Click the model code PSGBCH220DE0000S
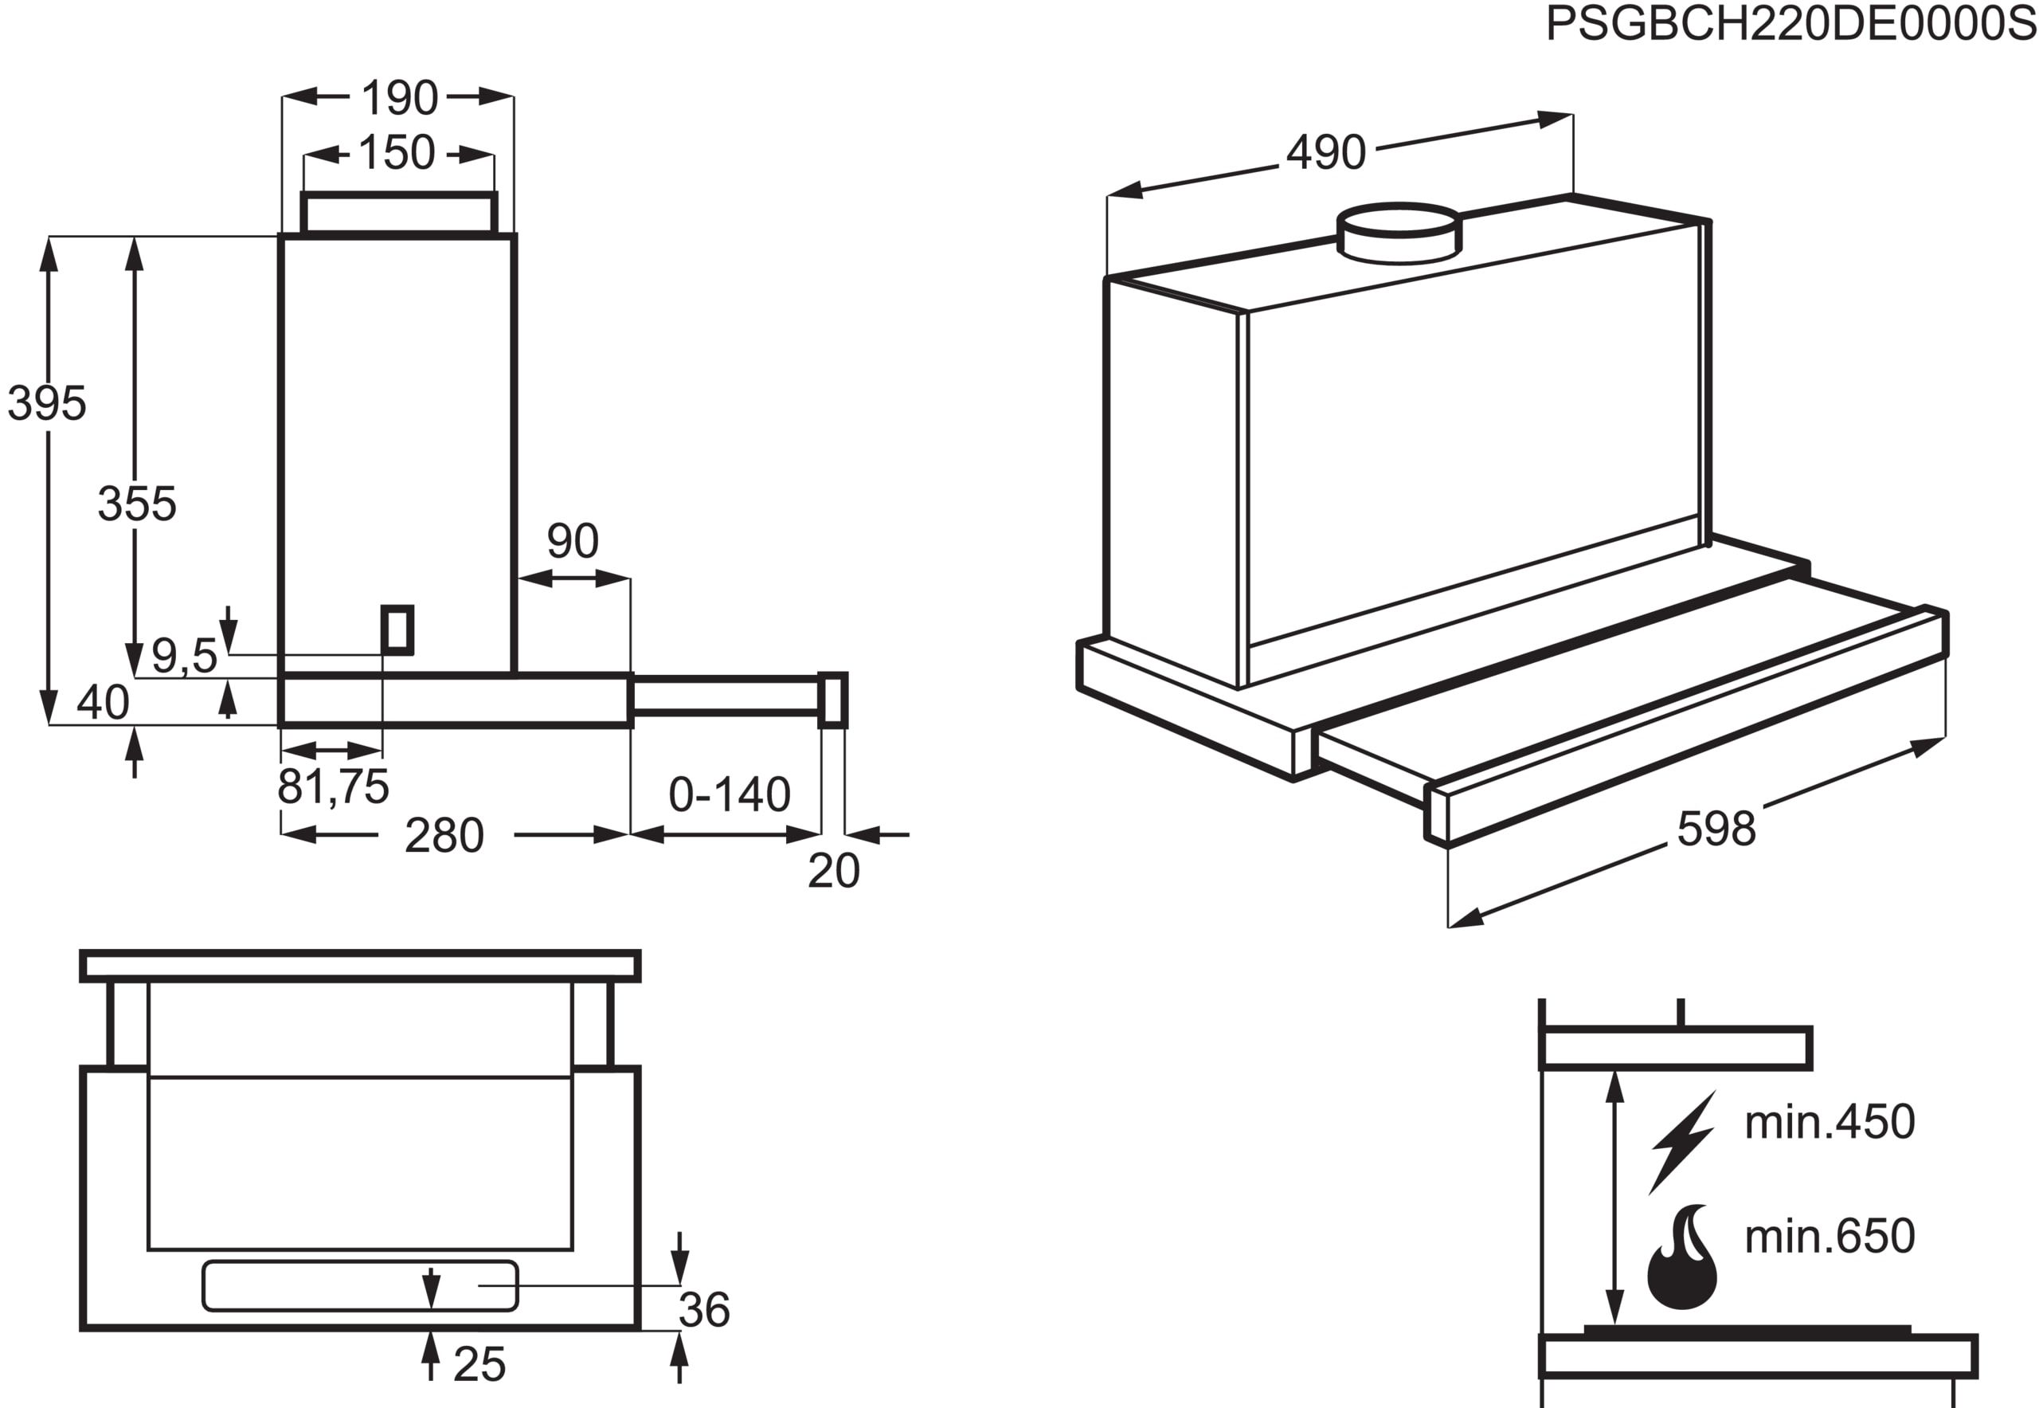click(1790, 24)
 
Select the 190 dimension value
click(398, 98)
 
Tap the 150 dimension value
click(396, 153)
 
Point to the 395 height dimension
click(47, 403)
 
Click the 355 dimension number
click(137, 504)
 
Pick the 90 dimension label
click(573, 541)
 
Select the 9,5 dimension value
click(183, 656)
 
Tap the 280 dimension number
click(444, 835)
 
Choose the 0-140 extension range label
click(729, 795)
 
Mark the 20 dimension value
click(832, 871)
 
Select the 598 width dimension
click(1716, 830)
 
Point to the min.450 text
click(1829, 1122)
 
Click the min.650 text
click(1829, 1236)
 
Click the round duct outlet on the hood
click(1398, 233)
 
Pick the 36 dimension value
click(704, 1309)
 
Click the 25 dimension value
click(479, 1365)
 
